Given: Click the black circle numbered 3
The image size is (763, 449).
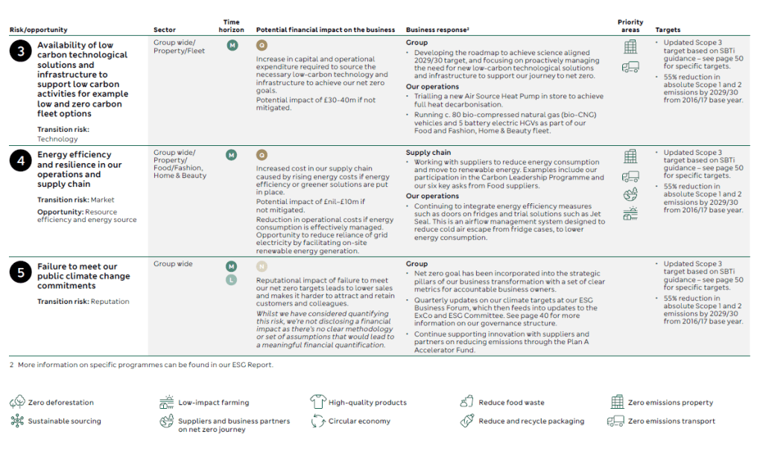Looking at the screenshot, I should point(19,51).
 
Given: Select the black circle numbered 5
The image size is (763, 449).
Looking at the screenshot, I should point(19,272).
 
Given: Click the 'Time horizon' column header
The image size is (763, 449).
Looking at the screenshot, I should point(231,26).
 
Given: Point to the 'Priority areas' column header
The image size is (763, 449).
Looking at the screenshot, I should point(630,26).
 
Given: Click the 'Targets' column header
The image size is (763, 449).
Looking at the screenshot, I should point(668,30).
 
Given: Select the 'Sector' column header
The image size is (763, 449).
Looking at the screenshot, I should point(165,30).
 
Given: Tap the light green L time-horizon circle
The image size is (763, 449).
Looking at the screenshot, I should point(232,279).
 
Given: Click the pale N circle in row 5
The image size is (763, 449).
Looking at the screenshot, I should point(262,266).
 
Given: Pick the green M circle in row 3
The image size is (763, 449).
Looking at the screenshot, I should point(232,45).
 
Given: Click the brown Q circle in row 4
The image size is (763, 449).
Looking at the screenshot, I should point(262,155).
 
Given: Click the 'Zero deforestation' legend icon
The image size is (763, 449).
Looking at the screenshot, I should point(17,402).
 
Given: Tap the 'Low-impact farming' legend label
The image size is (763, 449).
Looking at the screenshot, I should point(214,403).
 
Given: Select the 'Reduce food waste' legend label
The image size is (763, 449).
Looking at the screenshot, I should point(511,403).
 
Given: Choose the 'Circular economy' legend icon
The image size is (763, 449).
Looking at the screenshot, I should point(318,421).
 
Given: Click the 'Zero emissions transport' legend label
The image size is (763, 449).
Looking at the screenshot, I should point(671,421).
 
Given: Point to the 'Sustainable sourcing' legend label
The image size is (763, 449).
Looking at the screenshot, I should point(65,421).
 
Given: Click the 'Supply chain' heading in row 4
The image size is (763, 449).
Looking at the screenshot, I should point(428,153).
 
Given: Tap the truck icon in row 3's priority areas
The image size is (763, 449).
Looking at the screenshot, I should point(630,67).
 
